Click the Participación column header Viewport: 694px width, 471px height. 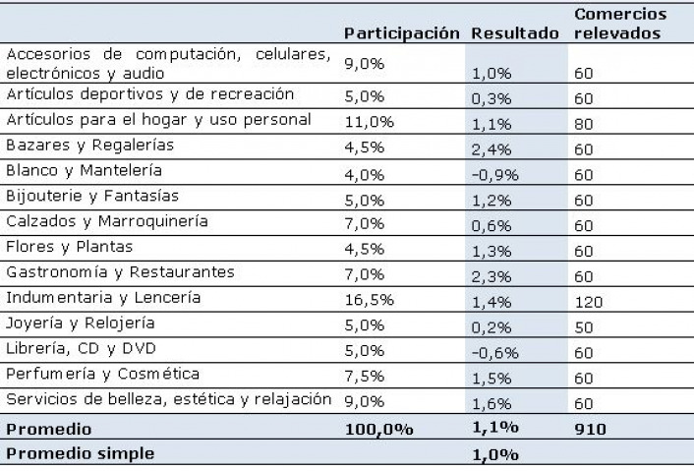pos(402,32)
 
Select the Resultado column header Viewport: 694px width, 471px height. pos(516,32)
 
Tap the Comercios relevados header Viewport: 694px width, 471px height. pos(619,24)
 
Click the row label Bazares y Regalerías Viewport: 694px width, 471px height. pos(89,145)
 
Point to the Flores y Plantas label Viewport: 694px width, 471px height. pos(69,246)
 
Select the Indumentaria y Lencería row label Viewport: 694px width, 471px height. pos(103,297)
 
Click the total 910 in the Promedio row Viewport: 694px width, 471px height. pos(590,429)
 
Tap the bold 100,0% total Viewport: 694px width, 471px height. pos(378,429)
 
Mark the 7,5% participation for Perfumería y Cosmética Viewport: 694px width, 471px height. pos(364,374)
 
